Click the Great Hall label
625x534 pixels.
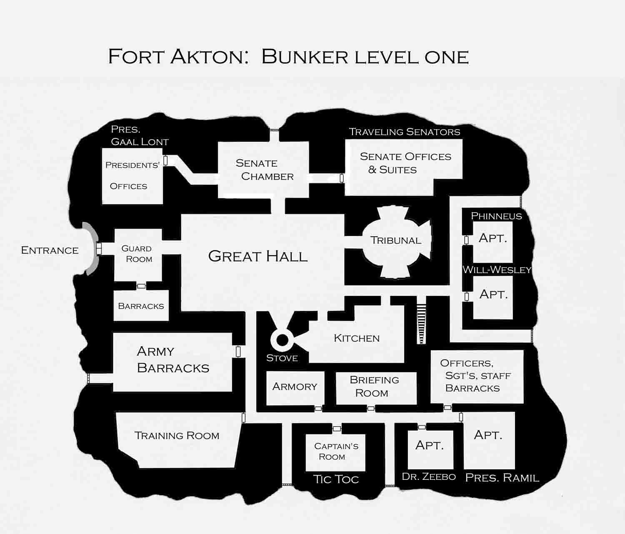click(258, 256)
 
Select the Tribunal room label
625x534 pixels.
click(395, 241)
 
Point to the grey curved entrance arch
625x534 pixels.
click(89, 249)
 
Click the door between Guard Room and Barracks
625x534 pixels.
click(141, 286)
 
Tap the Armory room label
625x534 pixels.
click(295, 386)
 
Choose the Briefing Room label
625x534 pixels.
click(374, 386)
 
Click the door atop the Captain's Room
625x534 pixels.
click(337, 429)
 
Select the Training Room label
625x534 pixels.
click(177, 436)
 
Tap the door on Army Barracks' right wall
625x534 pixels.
click(238, 351)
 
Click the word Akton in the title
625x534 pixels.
click(207, 56)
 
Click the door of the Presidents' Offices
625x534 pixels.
click(165, 160)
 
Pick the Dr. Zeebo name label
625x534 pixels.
click(428, 476)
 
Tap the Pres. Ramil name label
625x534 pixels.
click(502, 478)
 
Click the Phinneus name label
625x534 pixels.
click(496, 216)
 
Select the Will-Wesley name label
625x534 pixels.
click(497, 270)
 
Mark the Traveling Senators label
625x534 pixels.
click(404, 132)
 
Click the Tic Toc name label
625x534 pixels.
click(336, 479)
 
